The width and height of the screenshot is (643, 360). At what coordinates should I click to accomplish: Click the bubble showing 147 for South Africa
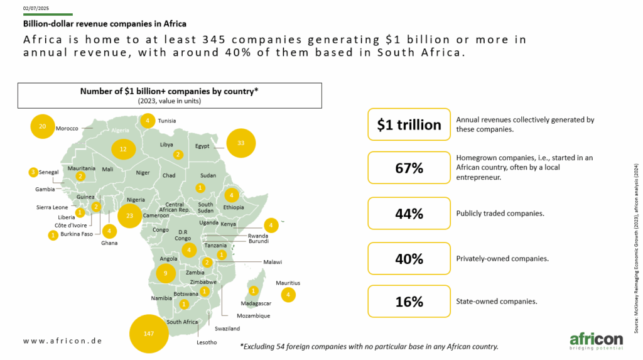pyautogui.click(x=149, y=334)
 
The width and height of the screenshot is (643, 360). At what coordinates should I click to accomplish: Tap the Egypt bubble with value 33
pyautogui.click(x=240, y=143)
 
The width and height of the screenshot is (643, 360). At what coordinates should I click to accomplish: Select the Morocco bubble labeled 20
pyautogui.click(x=43, y=126)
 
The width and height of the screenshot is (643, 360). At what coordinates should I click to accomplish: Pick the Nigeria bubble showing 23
pyautogui.click(x=129, y=215)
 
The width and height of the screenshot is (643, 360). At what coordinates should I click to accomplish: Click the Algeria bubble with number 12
pyautogui.click(x=124, y=149)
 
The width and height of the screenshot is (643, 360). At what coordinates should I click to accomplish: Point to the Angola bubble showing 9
pyautogui.click(x=166, y=273)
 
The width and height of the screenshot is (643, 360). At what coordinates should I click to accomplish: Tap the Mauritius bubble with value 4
pyautogui.click(x=288, y=295)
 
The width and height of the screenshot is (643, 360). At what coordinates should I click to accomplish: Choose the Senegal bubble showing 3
pyautogui.click(x=33, y=172)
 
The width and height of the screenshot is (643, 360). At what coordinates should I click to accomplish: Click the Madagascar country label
pyautogui.click(x=256, y=303)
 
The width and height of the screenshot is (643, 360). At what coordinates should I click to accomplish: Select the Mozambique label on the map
pyautogui.click(x=254, y=316)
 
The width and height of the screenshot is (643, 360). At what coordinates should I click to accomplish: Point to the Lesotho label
pyautogui.click(x=207, y=342)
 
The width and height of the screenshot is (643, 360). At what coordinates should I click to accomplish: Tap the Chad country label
pyautogui.click(x=169, y=175)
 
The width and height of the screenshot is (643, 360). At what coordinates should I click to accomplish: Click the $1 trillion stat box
pyautogui.click(x=409, y=124)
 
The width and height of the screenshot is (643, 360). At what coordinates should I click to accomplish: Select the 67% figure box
pyautogui.click(x=409, y=168)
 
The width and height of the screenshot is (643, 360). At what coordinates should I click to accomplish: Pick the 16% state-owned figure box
pyautogui.click(x=409, y=302)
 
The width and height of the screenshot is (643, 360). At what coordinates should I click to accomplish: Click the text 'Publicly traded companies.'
pyautogui.click(x=500, y=214)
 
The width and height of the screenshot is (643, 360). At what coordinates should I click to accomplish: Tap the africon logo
pyautogui.click(x=597, y=342)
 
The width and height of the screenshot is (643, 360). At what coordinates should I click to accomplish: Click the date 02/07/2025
pyautogui.click(x=36, y=8)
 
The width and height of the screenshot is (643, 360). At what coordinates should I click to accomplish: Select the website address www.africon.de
pyautogui.click(x=63, y=341)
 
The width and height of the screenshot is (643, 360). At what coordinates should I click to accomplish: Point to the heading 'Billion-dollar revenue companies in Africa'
pyautogui.click(x=105, y=24)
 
